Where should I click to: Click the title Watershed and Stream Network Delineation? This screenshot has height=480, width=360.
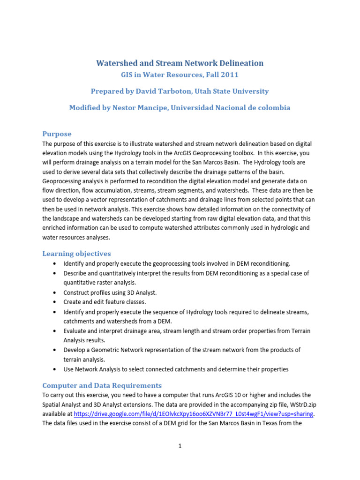pyautogui.click(x=180, y=63)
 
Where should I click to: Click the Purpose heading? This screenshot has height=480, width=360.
pyautogui.click(x=57, y=134)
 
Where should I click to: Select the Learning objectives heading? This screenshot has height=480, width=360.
pyautogui.click(x=76, y=254)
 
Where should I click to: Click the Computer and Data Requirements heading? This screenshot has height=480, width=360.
pyautogui.click(x=102, y=385)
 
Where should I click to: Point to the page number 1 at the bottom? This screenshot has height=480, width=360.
pyautogui.click(x=180, y=446)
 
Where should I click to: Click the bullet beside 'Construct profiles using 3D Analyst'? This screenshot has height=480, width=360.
pyautogui.click(x=56, y=292)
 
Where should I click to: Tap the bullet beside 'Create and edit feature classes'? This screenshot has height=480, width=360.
pyautogui.click(x=56, y=302)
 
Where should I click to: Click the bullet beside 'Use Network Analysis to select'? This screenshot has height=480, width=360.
pyautogui.click(x=56, y=369)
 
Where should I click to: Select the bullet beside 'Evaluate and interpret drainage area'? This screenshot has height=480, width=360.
pyautogui.click(x=56, y=331)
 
